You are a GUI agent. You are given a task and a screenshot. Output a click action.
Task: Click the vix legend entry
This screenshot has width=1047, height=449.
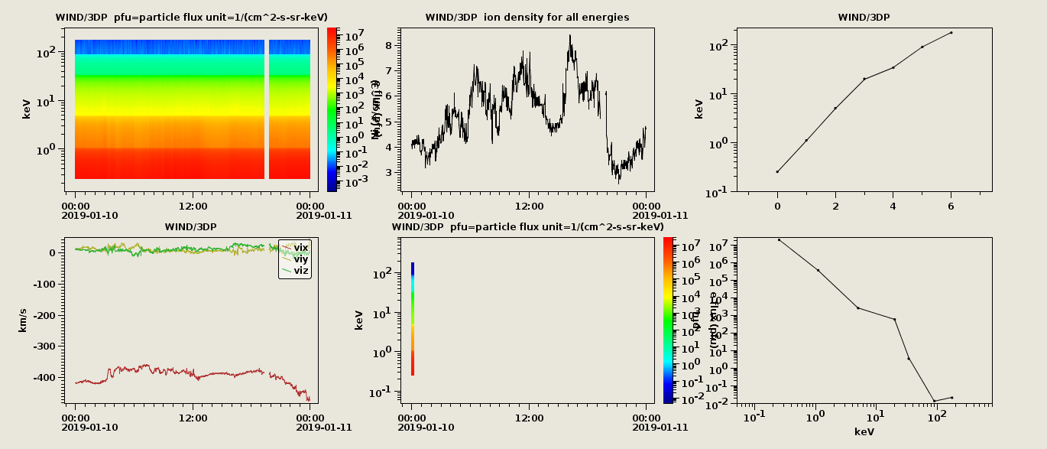click(x=300, y=247)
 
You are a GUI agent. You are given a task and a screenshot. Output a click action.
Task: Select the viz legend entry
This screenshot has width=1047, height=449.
click(x=300, y=270)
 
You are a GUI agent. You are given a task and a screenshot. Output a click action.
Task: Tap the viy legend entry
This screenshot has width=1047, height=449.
click(x=300, y=259)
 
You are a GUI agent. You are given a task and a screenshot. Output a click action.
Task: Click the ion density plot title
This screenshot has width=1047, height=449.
click(x=527, y=17)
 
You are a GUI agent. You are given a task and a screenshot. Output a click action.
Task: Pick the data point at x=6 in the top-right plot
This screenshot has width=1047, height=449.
click(x=951, y=32)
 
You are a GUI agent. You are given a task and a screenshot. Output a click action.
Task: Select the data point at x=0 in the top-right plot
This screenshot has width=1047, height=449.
click(x=777, y=171)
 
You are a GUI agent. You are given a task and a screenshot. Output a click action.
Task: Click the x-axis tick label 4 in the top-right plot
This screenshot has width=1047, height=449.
click(x=893, y=204)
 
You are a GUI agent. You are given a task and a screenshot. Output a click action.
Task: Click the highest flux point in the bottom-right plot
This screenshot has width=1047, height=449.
click(x=779, y=239)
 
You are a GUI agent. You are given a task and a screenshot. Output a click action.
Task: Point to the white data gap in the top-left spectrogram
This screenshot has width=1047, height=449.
click(x=267, y=109)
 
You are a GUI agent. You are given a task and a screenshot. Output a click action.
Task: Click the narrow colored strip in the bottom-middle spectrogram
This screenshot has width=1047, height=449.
click(x=413, y=319)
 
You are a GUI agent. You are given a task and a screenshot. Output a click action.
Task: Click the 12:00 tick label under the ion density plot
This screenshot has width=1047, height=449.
click(x=529, y=205)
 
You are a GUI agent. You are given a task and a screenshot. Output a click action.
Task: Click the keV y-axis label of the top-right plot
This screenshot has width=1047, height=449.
click(x=699, y=109)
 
